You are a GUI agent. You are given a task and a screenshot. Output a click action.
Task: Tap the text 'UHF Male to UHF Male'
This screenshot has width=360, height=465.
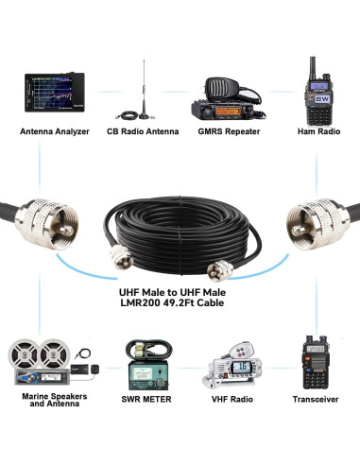coord(180,290)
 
